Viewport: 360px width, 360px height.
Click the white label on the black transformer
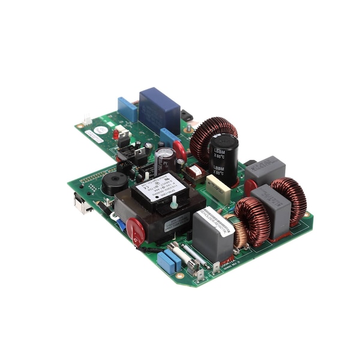[x=160, y=187]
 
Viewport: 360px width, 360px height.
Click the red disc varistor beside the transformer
[x=136, y=230]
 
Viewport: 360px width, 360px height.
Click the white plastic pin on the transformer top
[x=173, y=204]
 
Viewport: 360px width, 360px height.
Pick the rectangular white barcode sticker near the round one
[x=94, y=137]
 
